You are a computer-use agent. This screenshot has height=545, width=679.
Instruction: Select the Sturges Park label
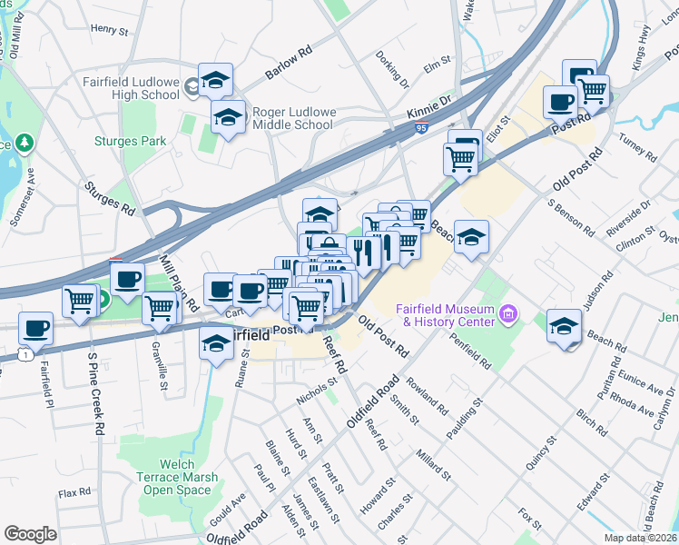click(x=130, y=141)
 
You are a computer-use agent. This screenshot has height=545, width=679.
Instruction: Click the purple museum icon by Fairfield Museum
click(x=508, y=315)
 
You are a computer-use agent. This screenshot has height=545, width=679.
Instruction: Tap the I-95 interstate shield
click(x=421, y=130)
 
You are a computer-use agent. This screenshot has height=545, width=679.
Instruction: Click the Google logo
click(x=30, y=533)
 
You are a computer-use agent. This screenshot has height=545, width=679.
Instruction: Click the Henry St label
click(x=110, y=30)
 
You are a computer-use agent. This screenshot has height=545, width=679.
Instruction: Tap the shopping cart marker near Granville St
click(x=160, y=308)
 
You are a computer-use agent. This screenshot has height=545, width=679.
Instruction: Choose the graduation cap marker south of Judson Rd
click(x=564, y=326)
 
